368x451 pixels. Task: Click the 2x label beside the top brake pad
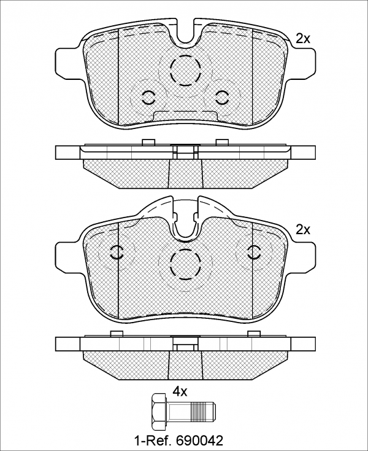point(303,39)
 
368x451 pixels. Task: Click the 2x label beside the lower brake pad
point(303,230)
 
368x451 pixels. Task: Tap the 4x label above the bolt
point(180,391)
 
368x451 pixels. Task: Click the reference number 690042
point(200,440)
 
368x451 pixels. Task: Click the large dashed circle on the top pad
point(185,70)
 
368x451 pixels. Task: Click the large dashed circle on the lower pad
point(185,264)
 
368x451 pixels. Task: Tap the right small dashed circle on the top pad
point(222,98)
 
